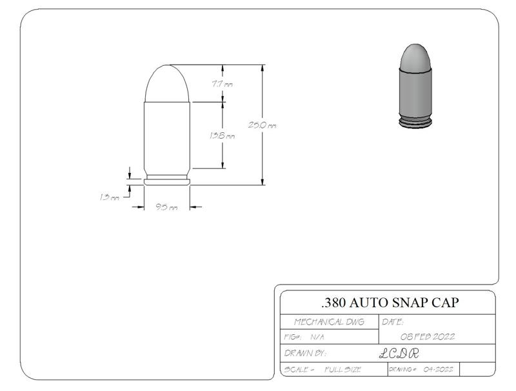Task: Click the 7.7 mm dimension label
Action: (222, 84)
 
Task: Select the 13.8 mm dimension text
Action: (222, 136)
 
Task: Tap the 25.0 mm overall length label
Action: (263, 125)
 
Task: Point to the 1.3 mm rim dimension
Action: (110, 197)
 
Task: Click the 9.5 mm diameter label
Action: (166, 207)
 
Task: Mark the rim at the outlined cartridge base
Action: (167, 182)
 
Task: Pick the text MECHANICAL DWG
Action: (328, 321)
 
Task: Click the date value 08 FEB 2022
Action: (428, 337)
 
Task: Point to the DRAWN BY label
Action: (306, 354)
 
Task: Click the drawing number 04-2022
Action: (439, 370)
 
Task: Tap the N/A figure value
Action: (317, 337)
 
